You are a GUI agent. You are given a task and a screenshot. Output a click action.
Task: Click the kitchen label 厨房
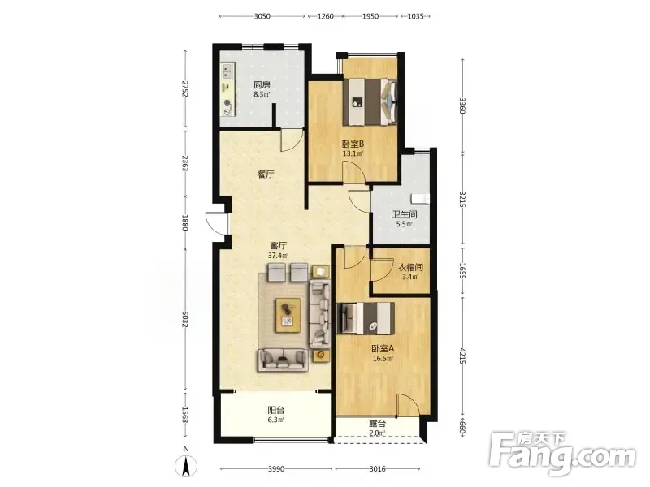pyautogui.click(x=262, y=85)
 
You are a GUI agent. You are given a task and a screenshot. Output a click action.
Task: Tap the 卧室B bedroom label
pyautogui.click(x=353, y=144)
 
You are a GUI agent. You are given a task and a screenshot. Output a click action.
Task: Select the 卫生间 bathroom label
pyautogui.click(x=405, y=214)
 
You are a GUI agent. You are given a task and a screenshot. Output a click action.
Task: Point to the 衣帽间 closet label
pyautogui.click(x=410, y=268)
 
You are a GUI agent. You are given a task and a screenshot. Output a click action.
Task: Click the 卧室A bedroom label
pyautogui.click(x=383, y=349)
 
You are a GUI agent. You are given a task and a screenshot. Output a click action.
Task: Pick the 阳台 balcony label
pyautogui.click(x=276, y=411)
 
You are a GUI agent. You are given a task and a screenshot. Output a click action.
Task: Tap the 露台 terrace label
pyautogui.click(x=377, y=424)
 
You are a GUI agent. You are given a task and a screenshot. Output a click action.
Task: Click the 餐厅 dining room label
pyautogui.click(x=266, y=175)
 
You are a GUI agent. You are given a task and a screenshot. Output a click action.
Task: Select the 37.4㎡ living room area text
pyautogui.click(x=278, y=256)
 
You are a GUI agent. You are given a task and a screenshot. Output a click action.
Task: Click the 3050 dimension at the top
pyautogui.click(x=262, y=16)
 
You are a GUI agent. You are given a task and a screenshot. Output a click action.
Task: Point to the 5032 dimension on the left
pyautogui.click(x=185, y=318)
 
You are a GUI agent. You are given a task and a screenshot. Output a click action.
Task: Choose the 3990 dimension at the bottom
pyautogui.click(x=276, y=469)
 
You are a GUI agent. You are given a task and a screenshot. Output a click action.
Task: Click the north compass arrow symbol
pyautogui.click(x=186, y=465)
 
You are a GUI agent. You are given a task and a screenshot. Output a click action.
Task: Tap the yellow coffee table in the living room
pyautogui.click(x=288, y=315)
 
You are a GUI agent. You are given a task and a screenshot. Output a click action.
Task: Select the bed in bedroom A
pyautogui.click(x=365, y=318)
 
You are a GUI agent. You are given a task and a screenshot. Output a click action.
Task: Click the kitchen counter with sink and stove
pyautogui.click(x=227, y=89)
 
